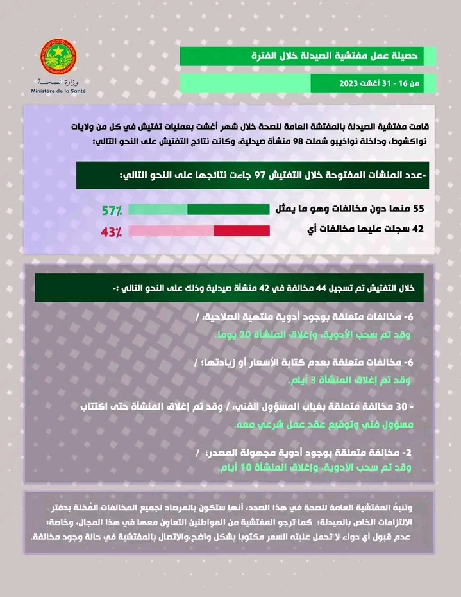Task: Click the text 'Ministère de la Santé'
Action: (58, 92)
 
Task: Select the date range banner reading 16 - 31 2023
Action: (363, 83)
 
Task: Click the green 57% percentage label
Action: (112, 209)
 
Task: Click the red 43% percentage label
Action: (112, 232)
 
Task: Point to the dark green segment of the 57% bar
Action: (228, 209)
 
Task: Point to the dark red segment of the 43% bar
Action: (241, 232)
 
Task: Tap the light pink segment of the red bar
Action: (171, 232)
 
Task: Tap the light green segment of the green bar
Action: (158, 209)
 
